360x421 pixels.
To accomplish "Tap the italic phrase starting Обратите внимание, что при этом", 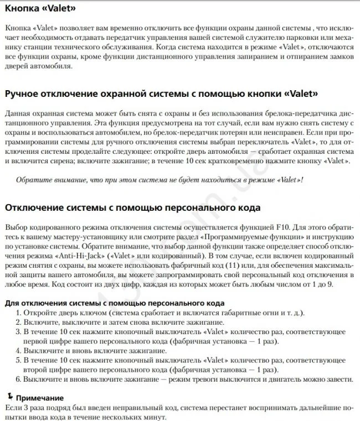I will pos(160,181).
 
